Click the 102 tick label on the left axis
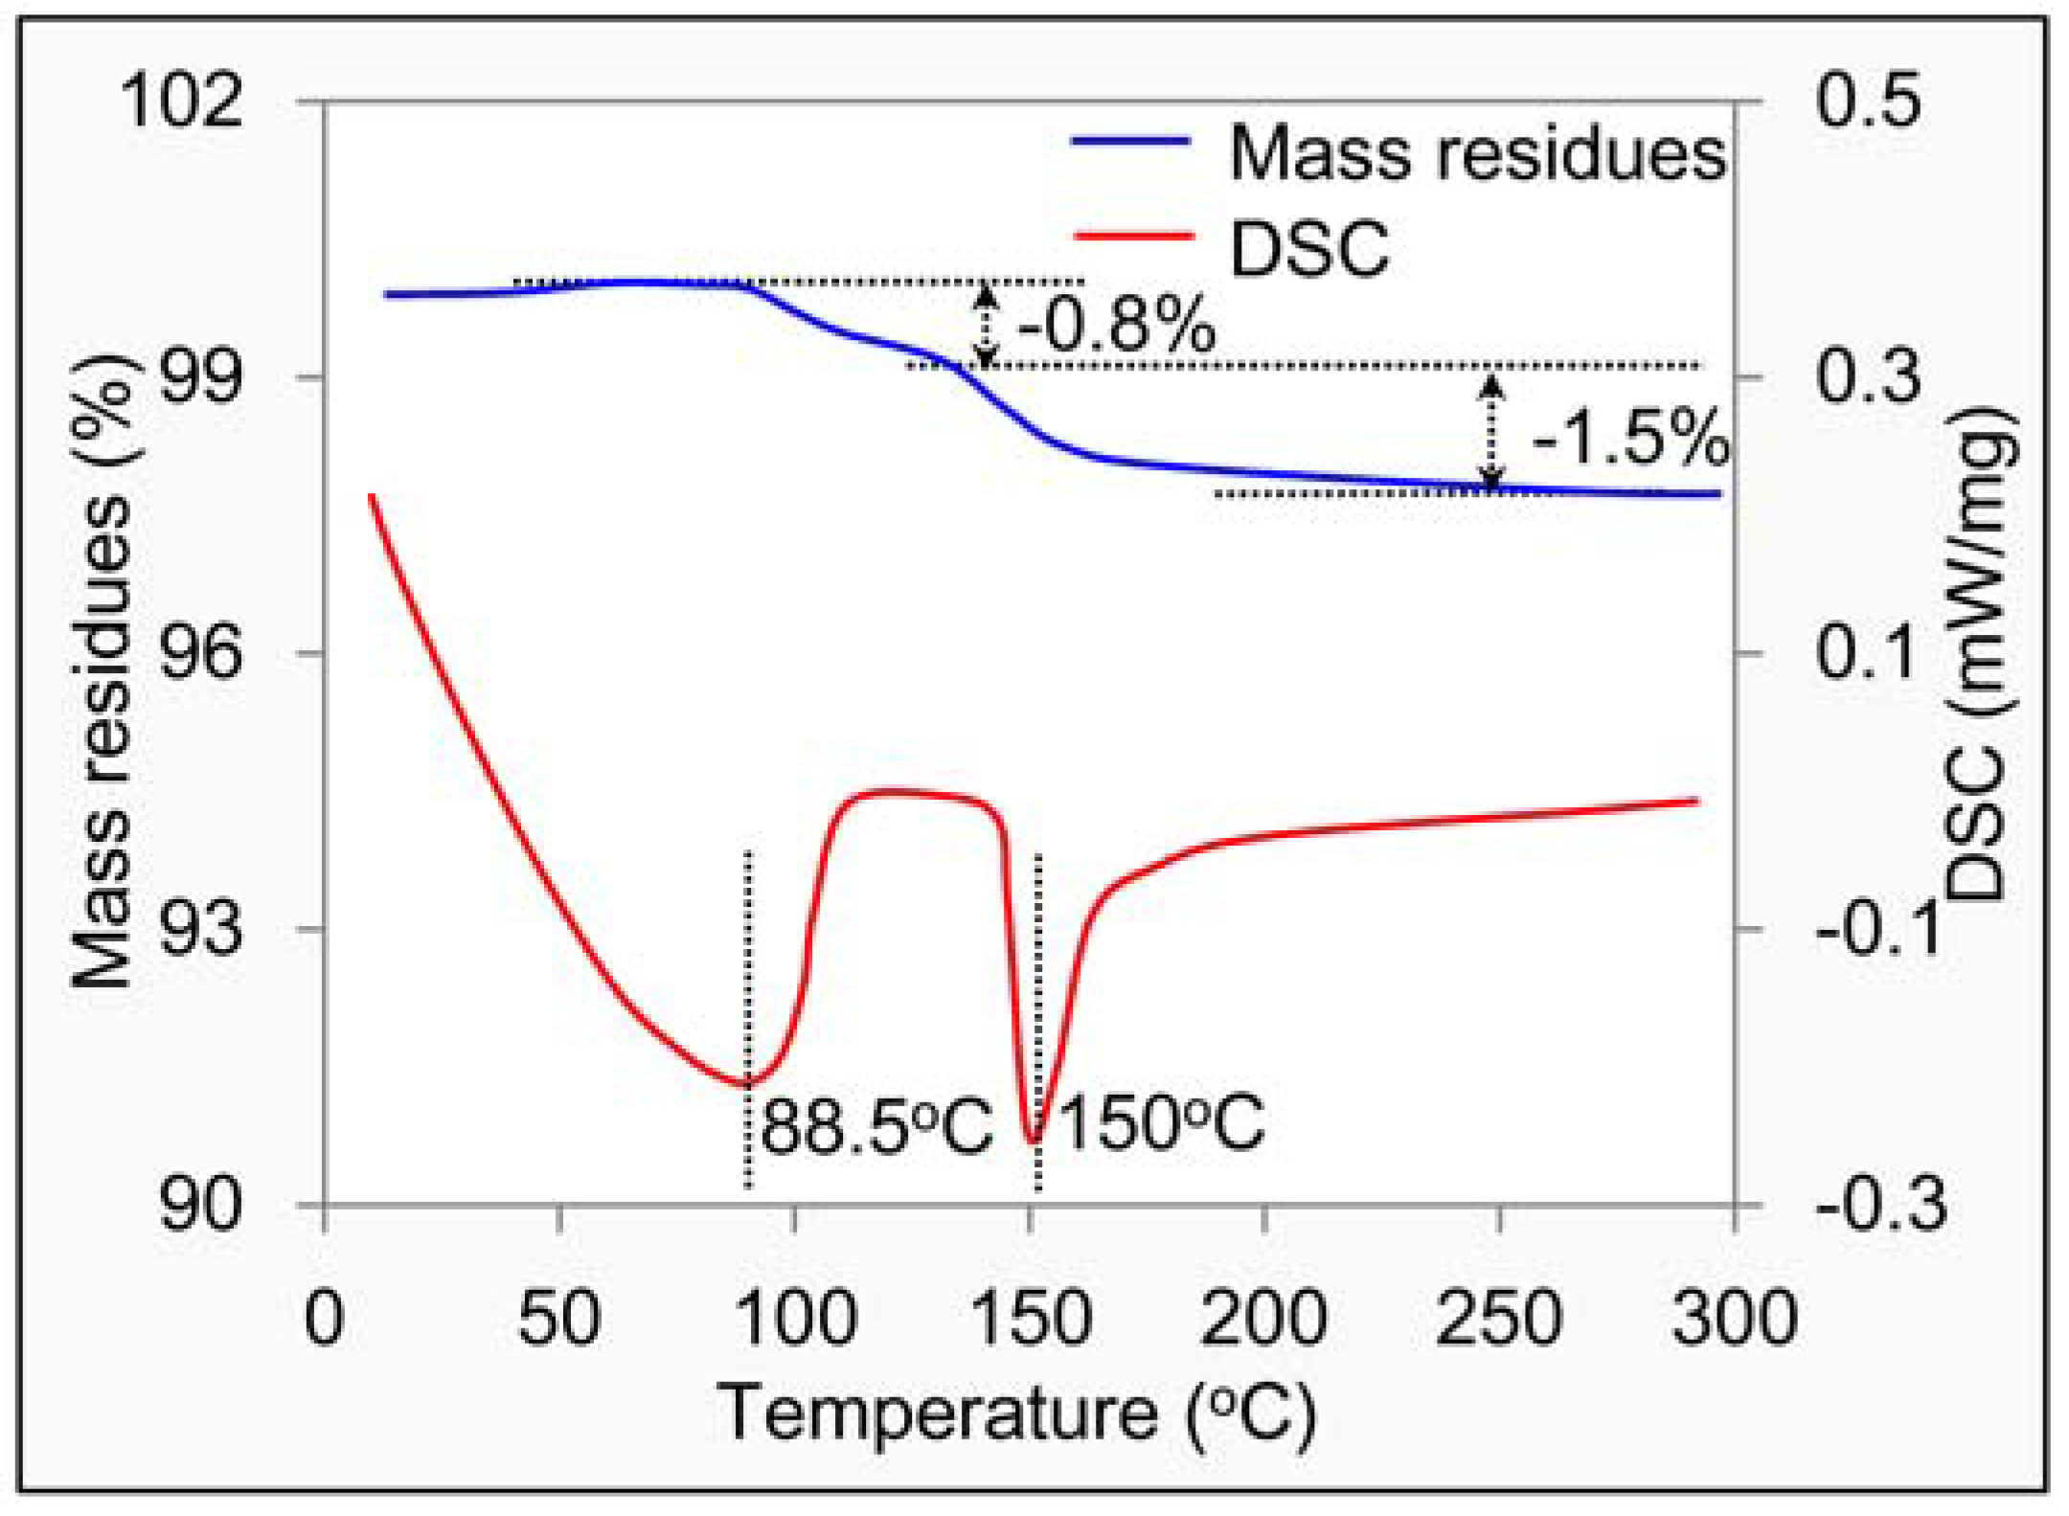pos(180,101)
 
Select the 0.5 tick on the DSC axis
pos(1868,101)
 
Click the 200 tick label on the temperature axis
pos(1263,1319)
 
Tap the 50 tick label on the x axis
pos(559,1319)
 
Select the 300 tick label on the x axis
pos(1734,1319)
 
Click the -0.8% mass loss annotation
pos(1116,326)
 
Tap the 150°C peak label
pos(1161,1121)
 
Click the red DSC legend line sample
pos(1133,236)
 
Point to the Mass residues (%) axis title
pos(101,670)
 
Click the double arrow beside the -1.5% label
pos(1490,431)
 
